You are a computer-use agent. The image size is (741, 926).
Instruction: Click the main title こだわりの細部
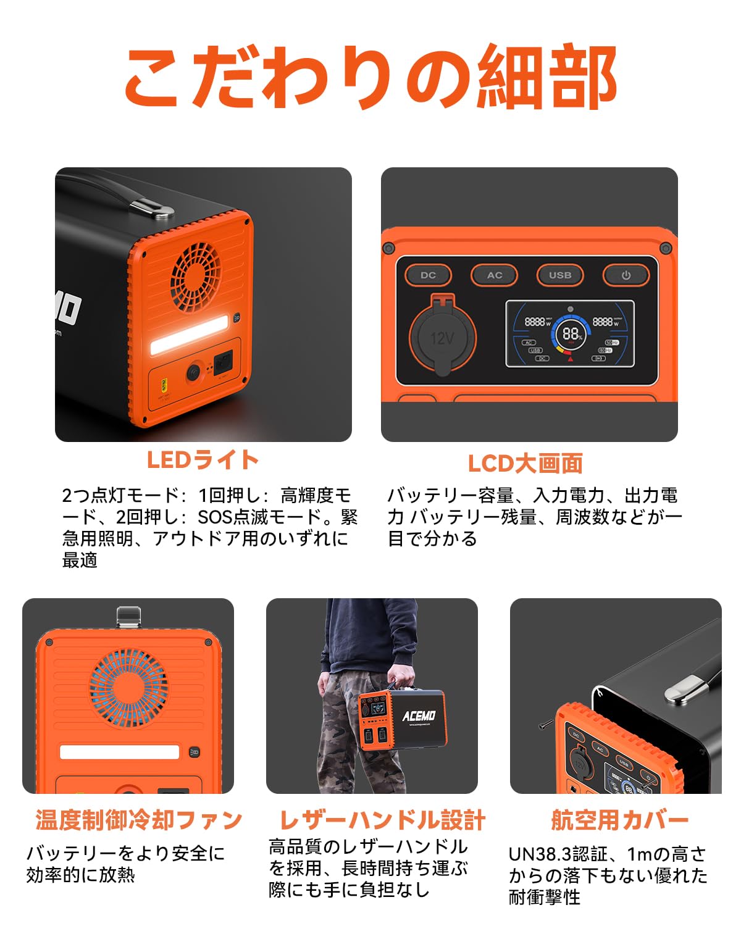pos(371,77)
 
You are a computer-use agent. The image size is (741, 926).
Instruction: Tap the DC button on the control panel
pos(428,275)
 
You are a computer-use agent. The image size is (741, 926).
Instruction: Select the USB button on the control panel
pos(559,275)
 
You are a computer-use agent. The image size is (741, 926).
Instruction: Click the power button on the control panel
pos(626,275)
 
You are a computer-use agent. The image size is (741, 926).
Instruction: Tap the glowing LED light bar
pos(189,334)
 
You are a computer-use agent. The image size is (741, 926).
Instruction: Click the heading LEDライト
pos(203,460)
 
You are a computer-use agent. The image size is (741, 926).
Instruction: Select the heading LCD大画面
pos(525,463)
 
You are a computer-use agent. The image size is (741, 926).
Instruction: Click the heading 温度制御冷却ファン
pos(138,820)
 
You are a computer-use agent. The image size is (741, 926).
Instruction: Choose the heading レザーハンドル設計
pos(382,820)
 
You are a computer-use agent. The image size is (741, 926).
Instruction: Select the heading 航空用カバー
pos(619,820)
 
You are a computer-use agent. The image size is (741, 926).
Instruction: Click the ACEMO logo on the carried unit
pos(419,715)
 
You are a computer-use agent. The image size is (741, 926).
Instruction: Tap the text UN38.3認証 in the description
pos(559,854)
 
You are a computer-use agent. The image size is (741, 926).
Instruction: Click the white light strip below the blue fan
pos(119,752)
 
